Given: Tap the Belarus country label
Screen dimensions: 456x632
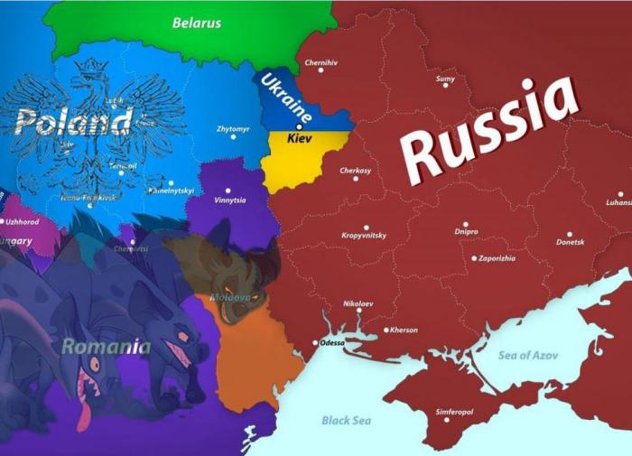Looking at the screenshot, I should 197,23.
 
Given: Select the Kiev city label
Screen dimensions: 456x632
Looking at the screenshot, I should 299,141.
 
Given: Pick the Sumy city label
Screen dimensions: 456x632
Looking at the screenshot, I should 445,79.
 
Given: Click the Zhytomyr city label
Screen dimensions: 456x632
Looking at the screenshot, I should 232,129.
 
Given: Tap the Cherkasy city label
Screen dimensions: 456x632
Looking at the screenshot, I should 356,170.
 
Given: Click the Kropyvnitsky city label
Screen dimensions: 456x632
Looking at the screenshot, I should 364,236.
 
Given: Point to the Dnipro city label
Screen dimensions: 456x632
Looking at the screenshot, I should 467,232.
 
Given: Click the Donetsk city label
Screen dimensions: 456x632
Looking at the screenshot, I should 570,242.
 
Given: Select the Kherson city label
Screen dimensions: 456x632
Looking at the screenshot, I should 404,330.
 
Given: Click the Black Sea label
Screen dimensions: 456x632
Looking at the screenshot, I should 346,420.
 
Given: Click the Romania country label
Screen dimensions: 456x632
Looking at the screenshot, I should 107,346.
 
